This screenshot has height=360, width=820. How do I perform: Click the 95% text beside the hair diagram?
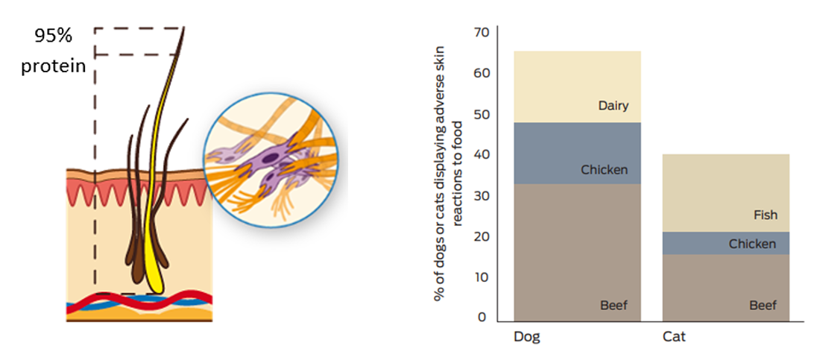click(54, 36)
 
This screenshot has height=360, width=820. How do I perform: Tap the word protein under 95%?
click(54, 66)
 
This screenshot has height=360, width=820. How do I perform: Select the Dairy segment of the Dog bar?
click(577, 87)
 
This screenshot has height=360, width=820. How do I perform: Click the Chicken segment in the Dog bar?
click(577, 154)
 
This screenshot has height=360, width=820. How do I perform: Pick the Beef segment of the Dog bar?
click(577, 252)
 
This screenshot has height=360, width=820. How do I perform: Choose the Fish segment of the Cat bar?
click(726, 192)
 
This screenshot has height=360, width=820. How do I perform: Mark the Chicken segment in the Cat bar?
click(726, 243)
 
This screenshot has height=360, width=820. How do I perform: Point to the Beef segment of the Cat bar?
click(726, 288)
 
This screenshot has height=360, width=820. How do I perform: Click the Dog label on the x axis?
click(526, 336)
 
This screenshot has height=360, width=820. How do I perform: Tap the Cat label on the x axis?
click(674, 336)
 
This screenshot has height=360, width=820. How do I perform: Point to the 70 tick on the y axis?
click(481, 33)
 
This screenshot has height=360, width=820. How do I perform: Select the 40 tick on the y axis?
click(481, 155)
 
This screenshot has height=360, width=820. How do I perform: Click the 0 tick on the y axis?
click(482, 317)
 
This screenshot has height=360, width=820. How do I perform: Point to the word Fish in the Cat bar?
click(766, 215)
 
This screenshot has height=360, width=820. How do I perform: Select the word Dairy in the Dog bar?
click(613, 106)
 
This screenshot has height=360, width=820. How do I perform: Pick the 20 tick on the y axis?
click(481, 236)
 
